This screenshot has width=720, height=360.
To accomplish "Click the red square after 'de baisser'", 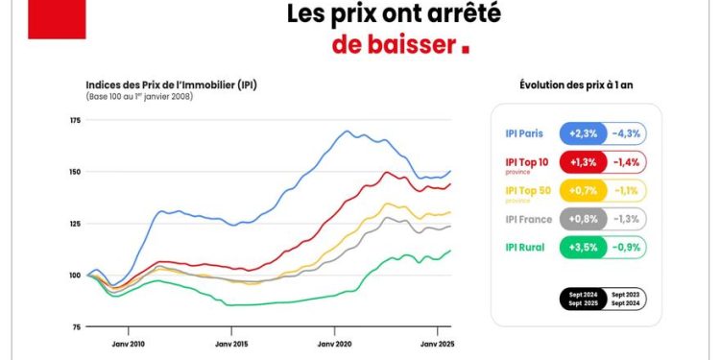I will tap(466, 47).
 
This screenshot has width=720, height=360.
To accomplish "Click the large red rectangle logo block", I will tap(58, 19).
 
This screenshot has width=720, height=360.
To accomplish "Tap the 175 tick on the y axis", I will tap(75, 120).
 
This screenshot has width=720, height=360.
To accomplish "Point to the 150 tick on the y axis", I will tap(75, 172).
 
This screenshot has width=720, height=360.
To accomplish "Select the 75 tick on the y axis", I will tap(76, 327).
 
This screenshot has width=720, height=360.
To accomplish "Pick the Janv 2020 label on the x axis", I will tap(335, 343).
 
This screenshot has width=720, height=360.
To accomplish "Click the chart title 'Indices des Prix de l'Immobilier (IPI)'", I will tap(171, 84).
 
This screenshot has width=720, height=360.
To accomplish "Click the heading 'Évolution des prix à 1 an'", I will tap(575, 84).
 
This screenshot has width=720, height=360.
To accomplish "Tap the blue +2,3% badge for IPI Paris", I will tap(585, 133).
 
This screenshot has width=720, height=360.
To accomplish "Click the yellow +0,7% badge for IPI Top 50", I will tap(585, 190).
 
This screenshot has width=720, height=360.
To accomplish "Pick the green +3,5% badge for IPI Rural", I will tap(585, 247).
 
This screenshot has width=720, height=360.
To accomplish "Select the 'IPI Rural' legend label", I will tap(526, 247).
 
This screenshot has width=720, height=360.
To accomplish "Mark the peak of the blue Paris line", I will tap(348, 131).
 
